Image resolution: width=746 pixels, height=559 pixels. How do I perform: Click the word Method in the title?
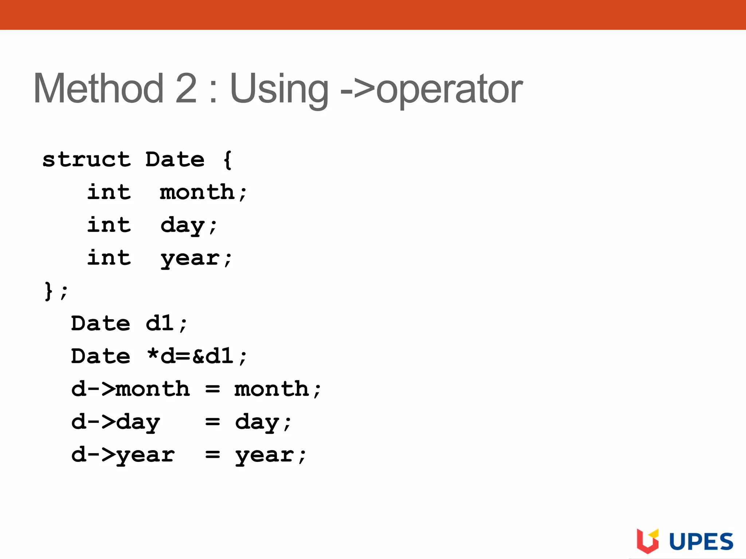pos(98,88)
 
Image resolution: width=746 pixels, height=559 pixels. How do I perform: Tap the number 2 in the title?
pos(186,88)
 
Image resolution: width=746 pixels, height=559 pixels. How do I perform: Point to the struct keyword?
pos(86,159)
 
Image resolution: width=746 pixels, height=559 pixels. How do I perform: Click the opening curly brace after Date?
pos(227,159)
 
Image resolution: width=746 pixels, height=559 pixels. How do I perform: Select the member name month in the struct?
pos(197,192)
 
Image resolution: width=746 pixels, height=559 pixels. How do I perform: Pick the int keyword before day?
pos(109,225)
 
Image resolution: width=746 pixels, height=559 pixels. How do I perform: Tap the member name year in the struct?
pos(190,258)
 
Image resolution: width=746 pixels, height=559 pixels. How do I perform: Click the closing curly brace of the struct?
pos(48,291)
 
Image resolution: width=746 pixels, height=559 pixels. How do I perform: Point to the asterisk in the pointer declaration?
pos(153,354)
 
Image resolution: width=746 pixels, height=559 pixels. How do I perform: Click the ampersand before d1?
pos(198,356)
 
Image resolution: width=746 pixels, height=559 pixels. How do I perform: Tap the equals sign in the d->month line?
pos(212,389)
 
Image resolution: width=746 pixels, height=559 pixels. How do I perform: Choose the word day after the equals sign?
pos(257,422)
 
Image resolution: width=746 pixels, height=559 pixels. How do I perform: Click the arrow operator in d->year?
pos(101,455)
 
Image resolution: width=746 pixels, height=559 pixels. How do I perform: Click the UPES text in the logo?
pos(701,542)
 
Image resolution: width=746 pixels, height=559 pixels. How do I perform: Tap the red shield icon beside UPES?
pos(647,541)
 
